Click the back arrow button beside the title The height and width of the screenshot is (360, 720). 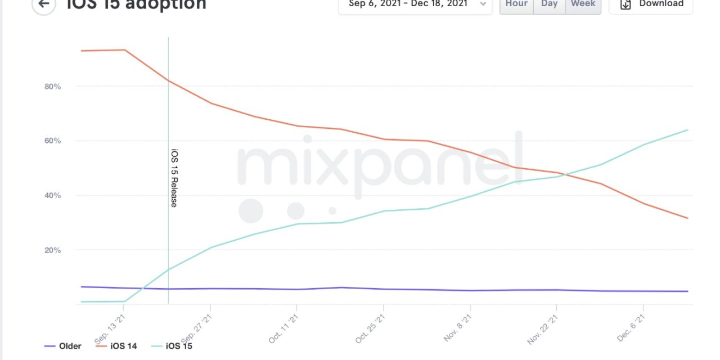click(43, 4)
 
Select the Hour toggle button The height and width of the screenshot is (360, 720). click(516, 4)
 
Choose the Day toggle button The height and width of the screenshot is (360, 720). click(549, 4)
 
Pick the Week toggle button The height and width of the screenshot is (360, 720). click(583, 4)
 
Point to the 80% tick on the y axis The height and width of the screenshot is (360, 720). click(52, 87)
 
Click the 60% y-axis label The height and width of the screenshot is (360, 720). click(52, 141)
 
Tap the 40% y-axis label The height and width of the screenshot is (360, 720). click(52, 196)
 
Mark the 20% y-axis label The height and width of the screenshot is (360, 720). click(52, 250)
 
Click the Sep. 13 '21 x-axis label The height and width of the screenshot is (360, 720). click(110, 329)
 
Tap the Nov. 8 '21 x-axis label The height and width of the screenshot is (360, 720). click(457, 329)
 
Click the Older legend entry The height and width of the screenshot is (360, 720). click(63, 346)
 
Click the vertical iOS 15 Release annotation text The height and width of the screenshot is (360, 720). click(174, 178)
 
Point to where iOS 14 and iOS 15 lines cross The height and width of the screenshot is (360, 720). click(564, 174)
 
